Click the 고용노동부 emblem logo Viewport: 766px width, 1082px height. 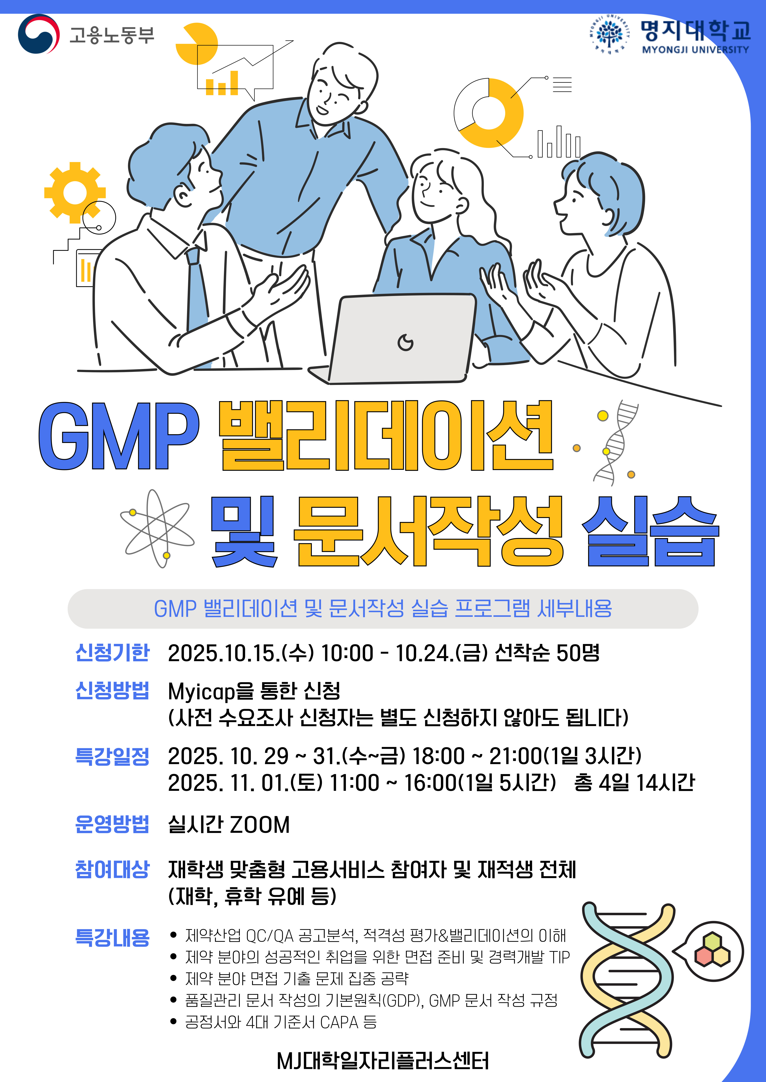coord(39,34)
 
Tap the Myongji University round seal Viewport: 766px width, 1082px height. coord(609,34)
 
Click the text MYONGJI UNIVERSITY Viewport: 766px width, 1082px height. coord(695,50)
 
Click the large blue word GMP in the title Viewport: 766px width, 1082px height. coord(119,436)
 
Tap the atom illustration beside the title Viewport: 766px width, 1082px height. coord(157,528)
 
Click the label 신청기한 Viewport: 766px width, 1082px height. coord(112,653)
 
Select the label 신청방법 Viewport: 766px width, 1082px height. coord(112,691)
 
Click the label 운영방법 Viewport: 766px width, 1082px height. coord(112,824)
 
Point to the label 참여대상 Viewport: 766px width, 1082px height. coord(112,870)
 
